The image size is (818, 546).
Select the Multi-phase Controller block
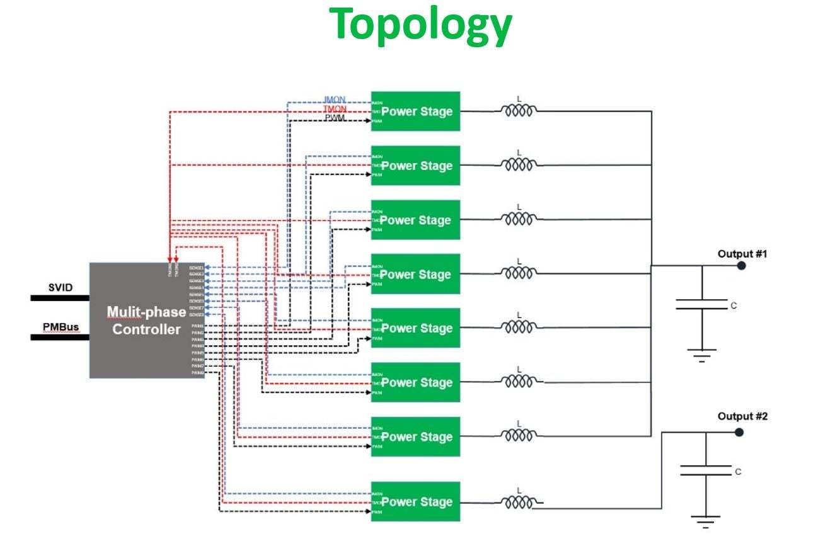[x=147, y=320]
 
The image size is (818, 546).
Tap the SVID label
[x=60, y=288]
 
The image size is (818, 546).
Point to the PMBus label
[x=60, y=327]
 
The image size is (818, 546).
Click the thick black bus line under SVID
[x=60, y=298]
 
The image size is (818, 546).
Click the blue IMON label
[x=335, y=100]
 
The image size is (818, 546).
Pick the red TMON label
[x=335, y=109]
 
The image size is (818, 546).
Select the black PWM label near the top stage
[x=335, y=118]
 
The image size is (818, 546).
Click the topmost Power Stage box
[x=416, y=111]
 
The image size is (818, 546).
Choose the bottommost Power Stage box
[x=416, y=502]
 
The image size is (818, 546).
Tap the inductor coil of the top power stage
[x=519, y=111]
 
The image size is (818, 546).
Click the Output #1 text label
[x=742, y=254]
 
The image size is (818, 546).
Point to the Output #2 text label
[x=742, y=416]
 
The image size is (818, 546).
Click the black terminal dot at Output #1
[x=742, y=266]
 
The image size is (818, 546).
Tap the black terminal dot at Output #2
[x=739, y=432]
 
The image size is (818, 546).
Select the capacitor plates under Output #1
[x=701, y=304]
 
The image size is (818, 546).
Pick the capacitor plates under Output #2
[x=705, y=470]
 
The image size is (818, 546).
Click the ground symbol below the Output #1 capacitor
[x=701, y=355]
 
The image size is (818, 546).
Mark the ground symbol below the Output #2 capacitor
[x=705, y=520]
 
